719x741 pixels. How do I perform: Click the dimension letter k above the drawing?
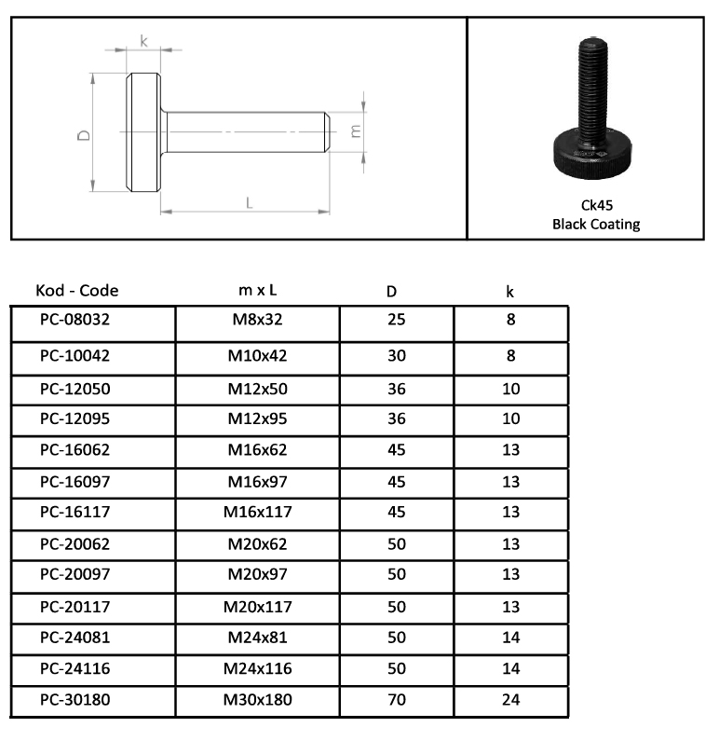pos(143,41)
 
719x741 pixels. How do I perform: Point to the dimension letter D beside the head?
pos(84,135)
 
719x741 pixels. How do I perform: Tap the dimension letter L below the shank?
pos(250,203)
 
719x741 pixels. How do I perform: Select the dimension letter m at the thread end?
pos(356,130)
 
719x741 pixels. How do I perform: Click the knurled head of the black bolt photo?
pos(592,155)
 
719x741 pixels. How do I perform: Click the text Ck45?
pos(597,205)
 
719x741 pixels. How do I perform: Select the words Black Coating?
pos(596,224)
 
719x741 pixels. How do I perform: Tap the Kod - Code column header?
pos(77,290)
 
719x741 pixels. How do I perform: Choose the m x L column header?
pos(257,290)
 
